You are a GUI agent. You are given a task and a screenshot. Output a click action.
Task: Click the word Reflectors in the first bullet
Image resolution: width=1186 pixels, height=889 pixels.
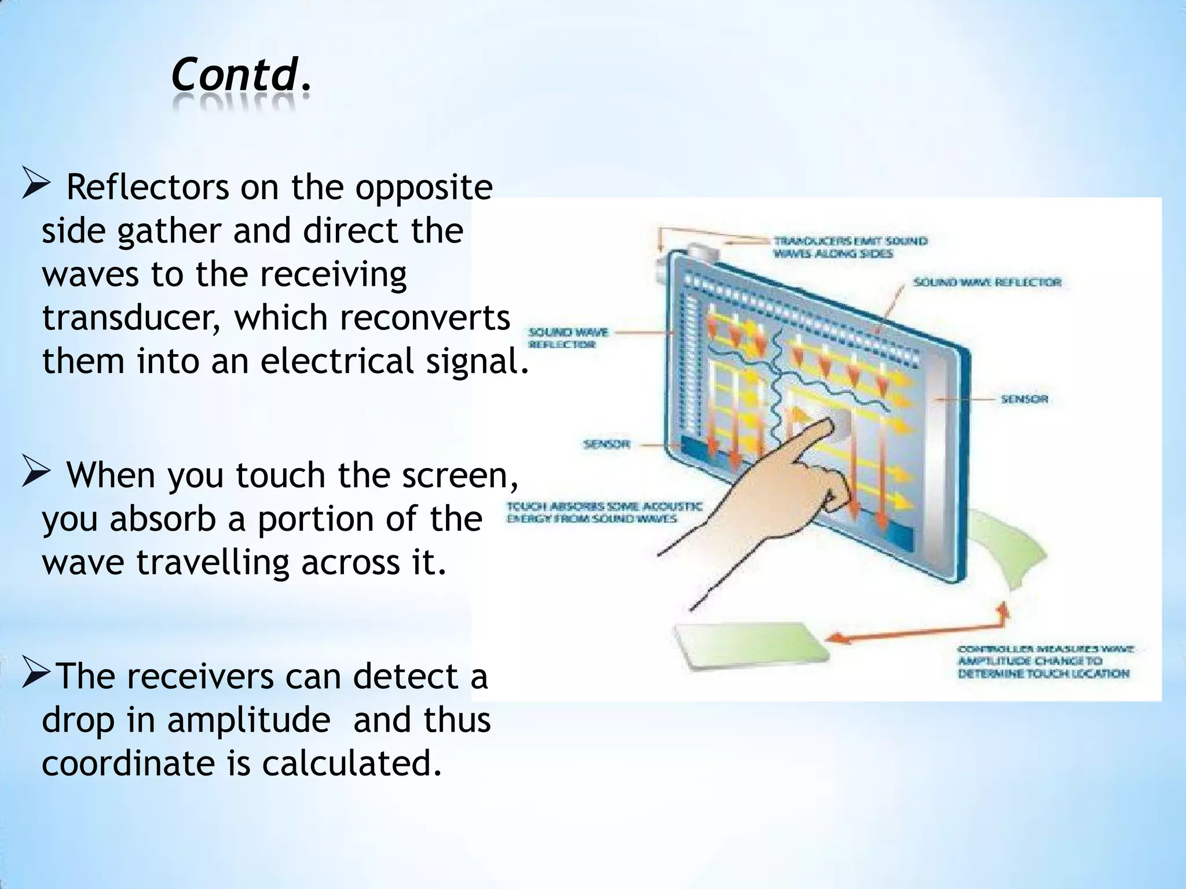tap(148, 188)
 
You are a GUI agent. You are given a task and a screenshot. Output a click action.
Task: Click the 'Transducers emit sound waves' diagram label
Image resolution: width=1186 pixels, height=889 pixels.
tap(850, 247)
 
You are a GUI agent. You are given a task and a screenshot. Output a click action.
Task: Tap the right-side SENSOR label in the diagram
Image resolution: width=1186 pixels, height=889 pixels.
tap(1024, 399)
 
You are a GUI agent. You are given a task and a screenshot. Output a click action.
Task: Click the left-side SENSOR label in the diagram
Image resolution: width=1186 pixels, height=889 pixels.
tap(606, 444)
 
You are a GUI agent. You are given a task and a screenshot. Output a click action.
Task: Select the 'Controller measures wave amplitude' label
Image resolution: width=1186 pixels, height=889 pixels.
tap(1045, 662)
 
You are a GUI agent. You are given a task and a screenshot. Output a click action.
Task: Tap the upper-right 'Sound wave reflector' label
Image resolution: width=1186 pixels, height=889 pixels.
tap(987, 282)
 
